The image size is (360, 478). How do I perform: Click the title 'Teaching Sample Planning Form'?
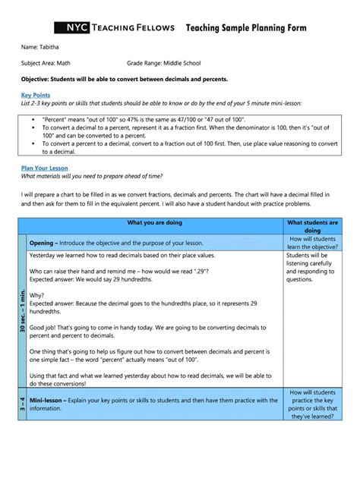tap(246, 28)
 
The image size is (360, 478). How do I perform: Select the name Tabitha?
tap(49, 48)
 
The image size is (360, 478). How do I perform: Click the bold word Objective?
tap(37, 79)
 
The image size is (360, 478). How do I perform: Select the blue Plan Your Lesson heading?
tap(44, 168)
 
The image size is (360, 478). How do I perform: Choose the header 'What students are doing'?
tap(312, 226)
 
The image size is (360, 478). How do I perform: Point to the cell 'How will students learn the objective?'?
tap(312, 243)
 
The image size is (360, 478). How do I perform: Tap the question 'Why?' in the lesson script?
tap(37, 295)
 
